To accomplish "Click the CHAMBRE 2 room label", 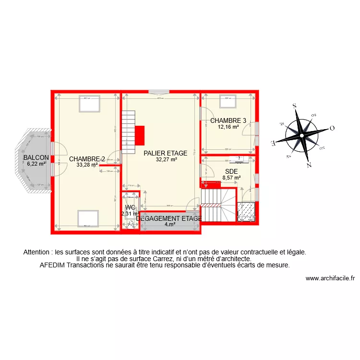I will (x=87, y=159).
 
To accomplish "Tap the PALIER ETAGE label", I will (x=166, y=154).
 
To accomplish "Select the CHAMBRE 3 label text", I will (x=228, y=121).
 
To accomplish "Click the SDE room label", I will (x=232, y=171).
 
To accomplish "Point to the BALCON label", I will (x=36, y=157).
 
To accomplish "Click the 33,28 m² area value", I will (x=87, y=165).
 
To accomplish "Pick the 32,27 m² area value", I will (x=167, y=160).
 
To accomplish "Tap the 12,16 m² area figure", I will (x=228, y=127).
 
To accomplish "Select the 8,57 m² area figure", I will (x=230, y=177).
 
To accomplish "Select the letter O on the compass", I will (x=331, y=129).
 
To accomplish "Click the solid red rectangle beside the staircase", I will (x=140, y=135).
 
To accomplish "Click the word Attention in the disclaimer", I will (x=37, y=252).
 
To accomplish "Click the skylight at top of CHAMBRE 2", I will (x=89, y=104).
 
